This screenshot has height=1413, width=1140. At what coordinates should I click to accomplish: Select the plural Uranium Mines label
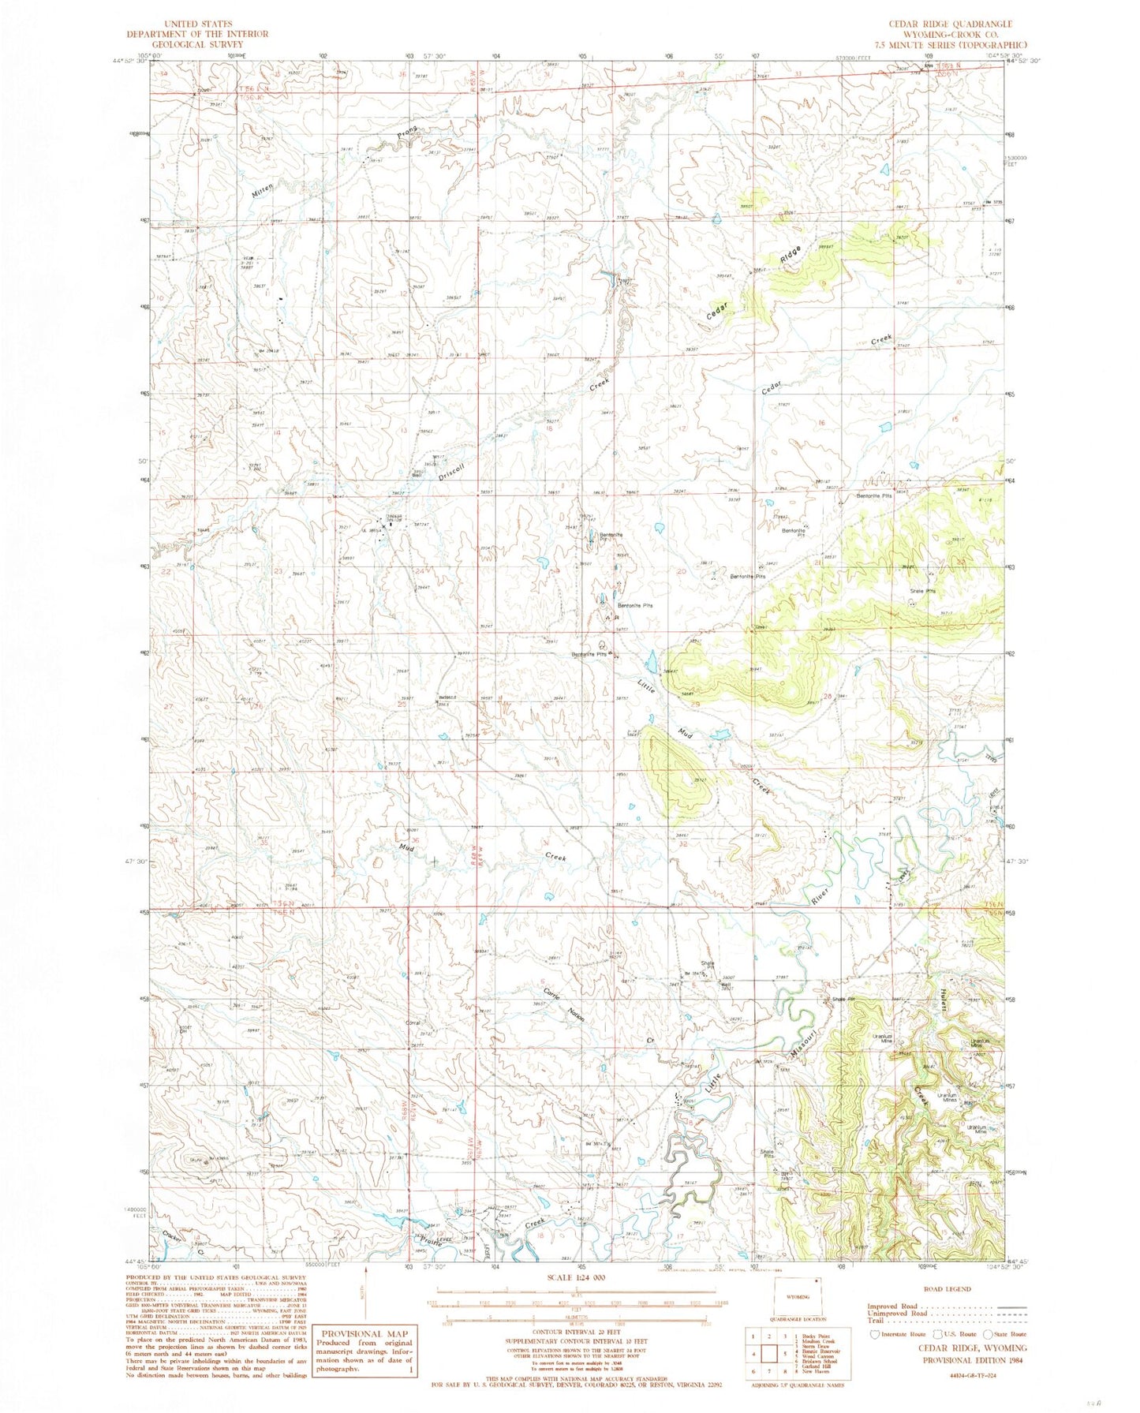click(947, 1097)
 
